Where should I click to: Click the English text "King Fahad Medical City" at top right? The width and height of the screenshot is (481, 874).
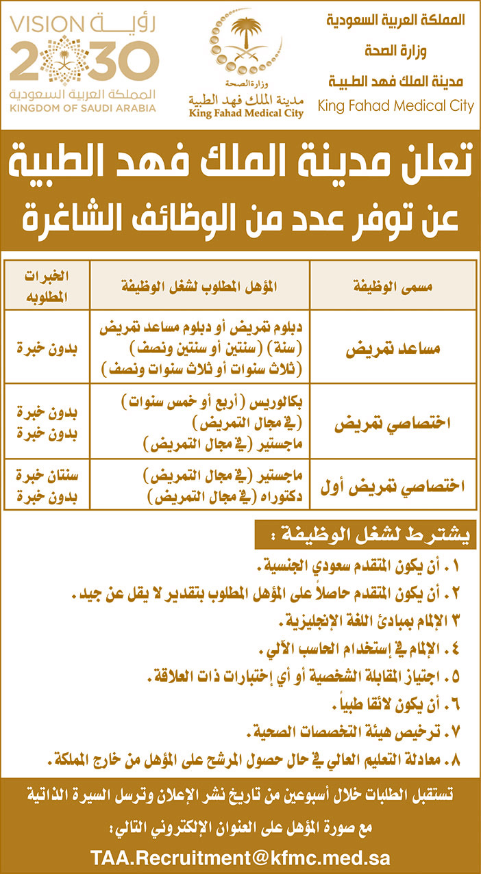point(395,106)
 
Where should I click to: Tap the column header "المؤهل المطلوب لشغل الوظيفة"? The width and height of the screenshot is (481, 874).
point(201,285)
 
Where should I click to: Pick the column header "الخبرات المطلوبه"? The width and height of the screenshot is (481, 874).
point(47,285)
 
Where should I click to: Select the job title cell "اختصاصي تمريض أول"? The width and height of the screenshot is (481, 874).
point(393,486)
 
